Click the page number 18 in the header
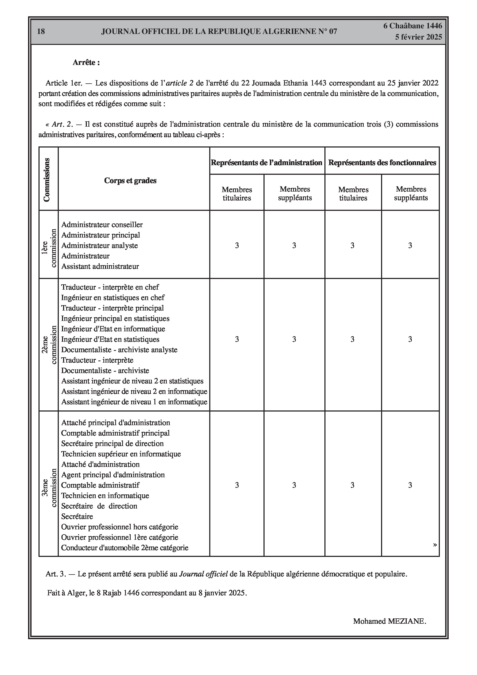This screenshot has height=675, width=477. [41, 32]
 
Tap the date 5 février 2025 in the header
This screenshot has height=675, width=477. [418, 37]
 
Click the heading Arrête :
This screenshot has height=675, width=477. [86, 63]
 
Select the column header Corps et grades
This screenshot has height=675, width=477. [130, 181]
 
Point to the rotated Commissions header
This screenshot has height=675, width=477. [46, 180]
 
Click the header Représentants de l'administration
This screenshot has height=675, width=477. [266, 162]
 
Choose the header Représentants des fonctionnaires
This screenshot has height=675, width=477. [382, 162]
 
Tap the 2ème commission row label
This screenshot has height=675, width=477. [49, 344]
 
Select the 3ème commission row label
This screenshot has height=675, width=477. [49, 487]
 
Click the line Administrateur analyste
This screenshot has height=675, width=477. [99, 246]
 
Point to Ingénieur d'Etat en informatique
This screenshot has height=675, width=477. [113, 329]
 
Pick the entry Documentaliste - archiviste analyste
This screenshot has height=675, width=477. [119, 350]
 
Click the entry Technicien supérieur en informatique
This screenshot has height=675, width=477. [121, 454]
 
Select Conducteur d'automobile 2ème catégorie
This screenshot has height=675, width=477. [125, 548]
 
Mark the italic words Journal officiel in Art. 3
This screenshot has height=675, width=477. [204, 574]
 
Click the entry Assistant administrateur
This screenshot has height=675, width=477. [100, 266]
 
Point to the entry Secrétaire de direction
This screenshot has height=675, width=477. [99, 506]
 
